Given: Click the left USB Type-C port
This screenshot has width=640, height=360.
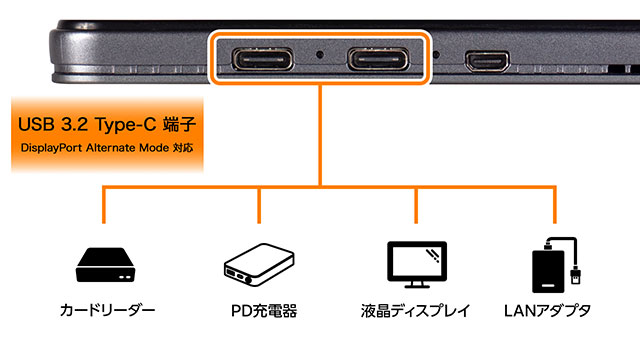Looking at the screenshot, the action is click(x=263, y=59).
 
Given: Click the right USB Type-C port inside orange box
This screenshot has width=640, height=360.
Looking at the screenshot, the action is click(x=378, y=59).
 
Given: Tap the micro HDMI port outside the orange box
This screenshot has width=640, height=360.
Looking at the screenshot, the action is click(x=487, y=61).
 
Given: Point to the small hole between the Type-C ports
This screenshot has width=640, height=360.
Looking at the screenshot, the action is click(x=320, y=54).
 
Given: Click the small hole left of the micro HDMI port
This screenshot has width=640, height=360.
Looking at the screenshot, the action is click(x=436, y=54).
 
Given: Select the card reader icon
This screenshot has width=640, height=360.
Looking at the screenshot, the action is click(x=105, y=264).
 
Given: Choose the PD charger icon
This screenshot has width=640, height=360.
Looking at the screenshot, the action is click(x=259, y=264).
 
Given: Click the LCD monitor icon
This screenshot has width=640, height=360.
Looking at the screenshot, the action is click(x=417, y=264).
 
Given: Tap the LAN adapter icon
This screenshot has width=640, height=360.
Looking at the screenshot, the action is click(x=557, y=264).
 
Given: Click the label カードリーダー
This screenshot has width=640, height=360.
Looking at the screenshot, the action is click(x=107, y=311).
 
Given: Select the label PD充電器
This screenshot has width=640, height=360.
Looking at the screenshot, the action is click(x=264, y=311).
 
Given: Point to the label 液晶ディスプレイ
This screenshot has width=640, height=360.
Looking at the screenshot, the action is click(x=416, y=311).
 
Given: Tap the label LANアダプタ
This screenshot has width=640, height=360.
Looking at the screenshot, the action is click(x=547, y=311).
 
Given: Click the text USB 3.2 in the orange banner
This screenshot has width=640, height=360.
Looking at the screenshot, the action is click(x=53, y=124).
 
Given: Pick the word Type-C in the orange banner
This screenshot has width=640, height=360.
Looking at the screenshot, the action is click(x=126, y=125).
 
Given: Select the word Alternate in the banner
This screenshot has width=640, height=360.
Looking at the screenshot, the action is click(x=111, y=147).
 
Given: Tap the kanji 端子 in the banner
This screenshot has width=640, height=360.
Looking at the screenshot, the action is click(x=180, y=124).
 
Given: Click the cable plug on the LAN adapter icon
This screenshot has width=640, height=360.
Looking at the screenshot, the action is click(x=575, y=275).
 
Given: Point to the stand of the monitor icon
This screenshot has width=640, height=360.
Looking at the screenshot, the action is click(x=417, y=284).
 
